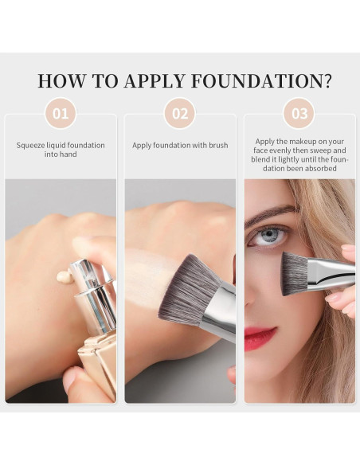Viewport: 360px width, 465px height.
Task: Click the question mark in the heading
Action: pos(326,81)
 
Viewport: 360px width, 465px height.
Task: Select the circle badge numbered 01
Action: pos(61,113)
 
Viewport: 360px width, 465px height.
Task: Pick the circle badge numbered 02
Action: pos(180,113)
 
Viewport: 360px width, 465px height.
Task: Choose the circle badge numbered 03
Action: pos(299,113)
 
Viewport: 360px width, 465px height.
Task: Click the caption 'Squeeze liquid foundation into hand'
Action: pos(61,150)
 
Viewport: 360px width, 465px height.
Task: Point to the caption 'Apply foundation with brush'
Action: pos(180,146)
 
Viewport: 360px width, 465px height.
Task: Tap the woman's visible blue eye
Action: pos(272,236)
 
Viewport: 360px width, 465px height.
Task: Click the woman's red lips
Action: pos(259,337)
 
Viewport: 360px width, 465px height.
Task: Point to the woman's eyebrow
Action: pos(271,213)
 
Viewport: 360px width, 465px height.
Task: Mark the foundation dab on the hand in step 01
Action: pos(63,277)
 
